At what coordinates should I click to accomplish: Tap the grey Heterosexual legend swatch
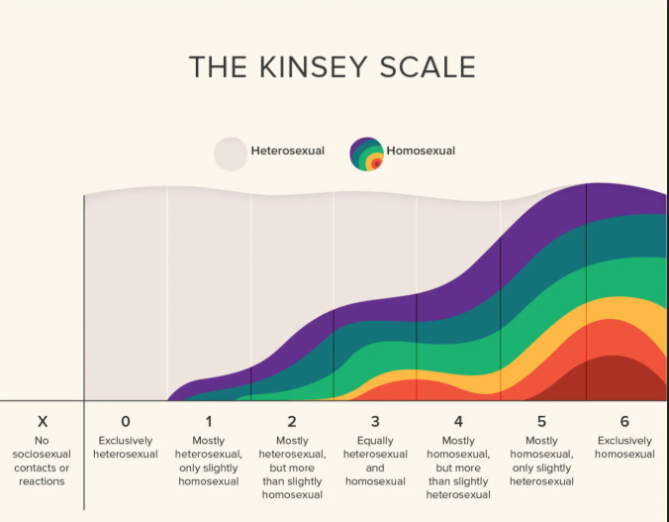(231, 153)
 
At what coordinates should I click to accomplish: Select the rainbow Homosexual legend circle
(366, 153)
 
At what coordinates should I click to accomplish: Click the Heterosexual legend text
(287, 152)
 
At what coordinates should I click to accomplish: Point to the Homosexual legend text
(421, 152)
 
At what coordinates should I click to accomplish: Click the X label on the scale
(42, 421)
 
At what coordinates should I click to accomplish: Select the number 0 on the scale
(126, 421)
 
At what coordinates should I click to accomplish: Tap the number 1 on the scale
(209, 421)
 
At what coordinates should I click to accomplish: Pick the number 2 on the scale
(292, 421)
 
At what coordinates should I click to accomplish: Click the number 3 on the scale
(375, 421)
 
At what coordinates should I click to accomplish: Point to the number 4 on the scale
(458, 421)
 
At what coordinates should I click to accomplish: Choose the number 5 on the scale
(541, 421)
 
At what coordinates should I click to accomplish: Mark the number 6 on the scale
(624, 421)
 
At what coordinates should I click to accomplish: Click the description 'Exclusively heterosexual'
(126, 448)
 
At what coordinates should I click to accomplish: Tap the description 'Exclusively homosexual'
(624, 448)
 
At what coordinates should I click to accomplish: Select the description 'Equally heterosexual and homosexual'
(375, 461)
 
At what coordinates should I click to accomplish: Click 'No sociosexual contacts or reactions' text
(42, 461)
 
